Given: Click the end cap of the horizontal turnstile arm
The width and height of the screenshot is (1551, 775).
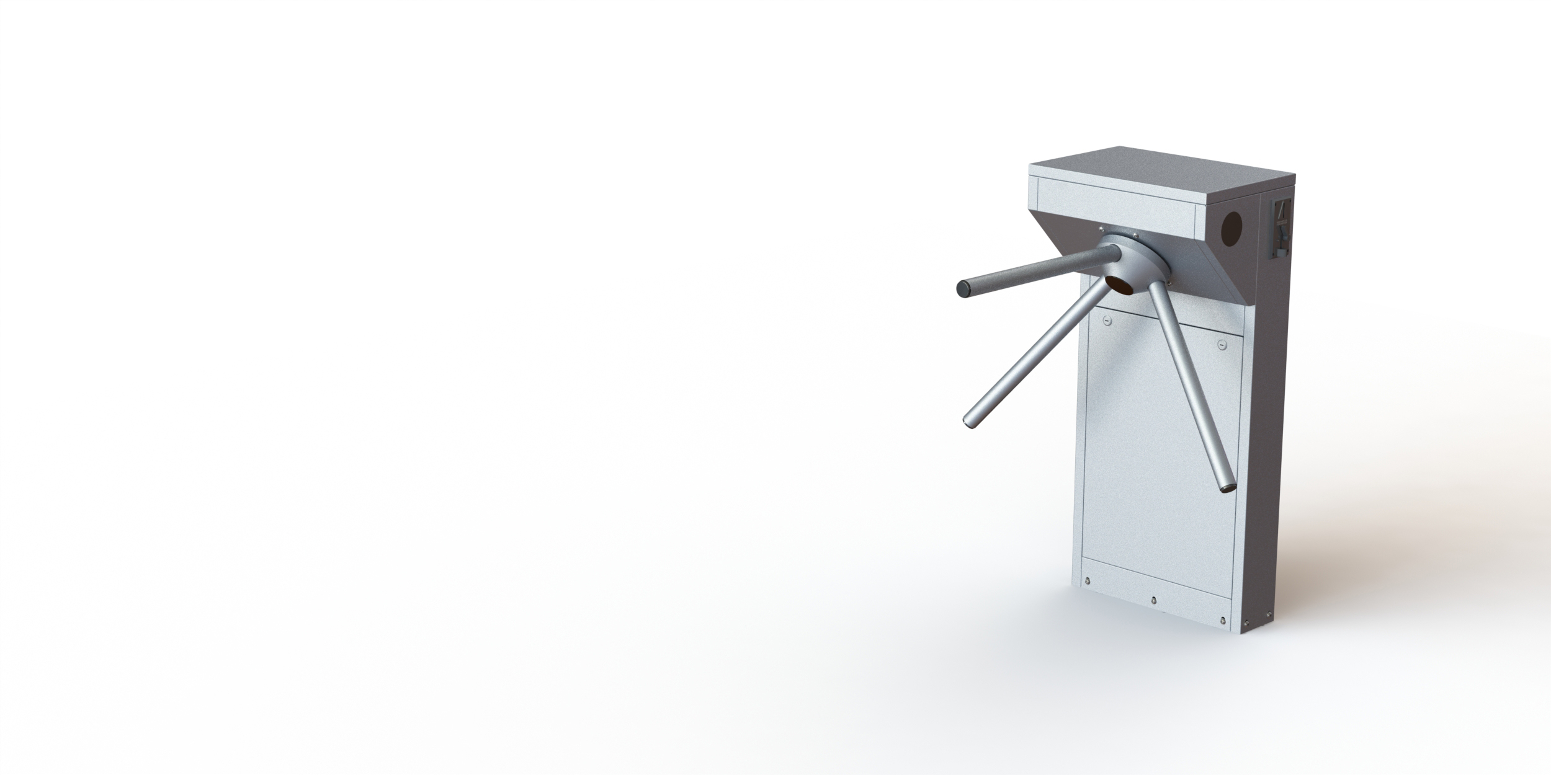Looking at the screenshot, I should [x=963, y=288].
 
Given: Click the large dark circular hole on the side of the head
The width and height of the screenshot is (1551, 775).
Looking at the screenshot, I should [x=1231, y=228].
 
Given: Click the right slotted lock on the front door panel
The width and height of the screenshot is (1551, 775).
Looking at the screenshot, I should [x=1222, y=345].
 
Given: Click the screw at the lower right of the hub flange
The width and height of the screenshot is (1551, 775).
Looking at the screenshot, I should [x=1169, y=283].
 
